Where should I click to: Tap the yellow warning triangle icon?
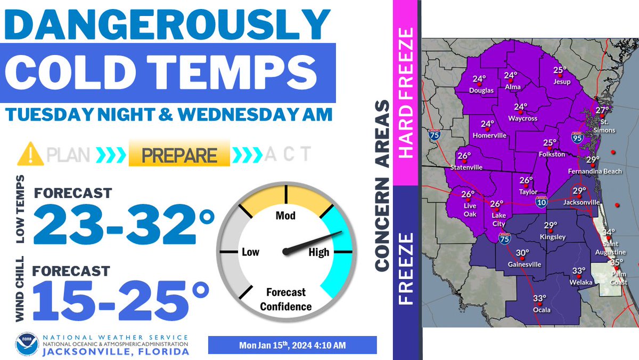click(x=30, y=154)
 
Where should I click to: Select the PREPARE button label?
click(x=179, y=155)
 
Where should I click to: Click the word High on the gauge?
click(x=319, y=252)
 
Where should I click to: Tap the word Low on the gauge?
click(x=250, y=252)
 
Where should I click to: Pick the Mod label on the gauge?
click(x=285, y=215)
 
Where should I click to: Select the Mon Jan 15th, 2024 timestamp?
click(x=292, y=345)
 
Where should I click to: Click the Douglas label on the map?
click(x=481, y=91)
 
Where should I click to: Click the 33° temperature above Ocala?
click(x=539, y=298)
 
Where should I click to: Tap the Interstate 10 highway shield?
click(x=540, y=201)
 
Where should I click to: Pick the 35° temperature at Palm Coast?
click(x=616, y=262)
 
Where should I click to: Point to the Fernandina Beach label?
click(x=595, y=172)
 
